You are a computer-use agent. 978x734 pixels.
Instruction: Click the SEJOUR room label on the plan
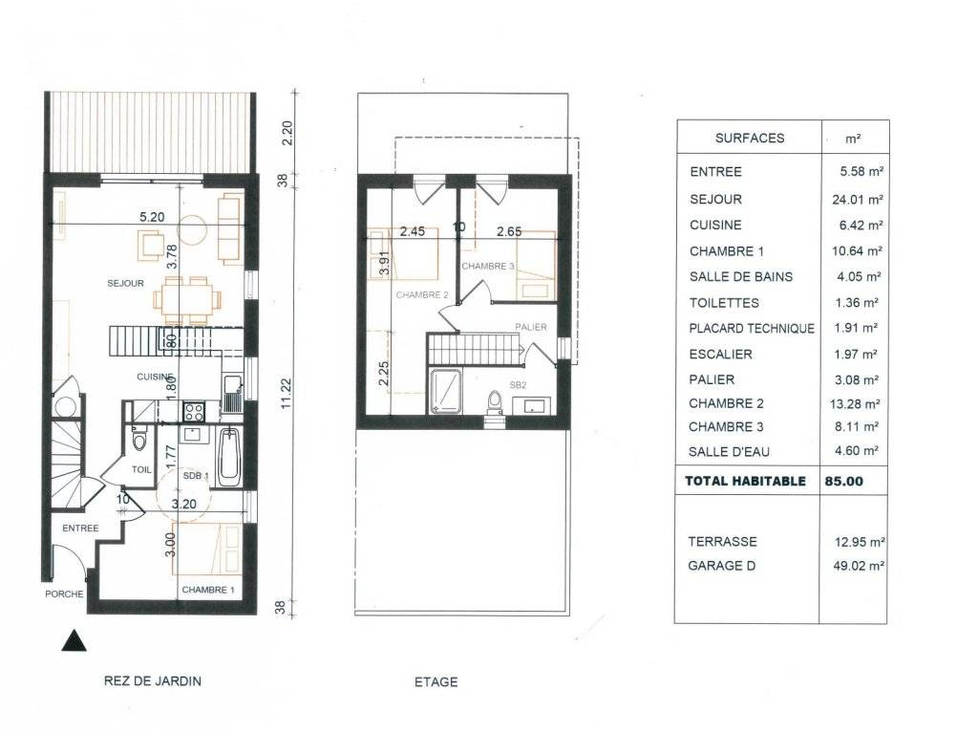click(125, 283)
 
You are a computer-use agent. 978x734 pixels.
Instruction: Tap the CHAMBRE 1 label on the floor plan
click(208, 590)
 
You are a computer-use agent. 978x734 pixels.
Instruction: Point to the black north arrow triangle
click(74, 640)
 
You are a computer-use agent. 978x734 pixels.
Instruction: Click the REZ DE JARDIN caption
click(153, 680)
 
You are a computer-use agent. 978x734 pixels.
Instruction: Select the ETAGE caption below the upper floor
click(436, 682)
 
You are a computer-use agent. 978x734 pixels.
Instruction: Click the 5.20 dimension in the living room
click(152, 217)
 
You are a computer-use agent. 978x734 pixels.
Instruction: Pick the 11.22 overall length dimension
click(287, 393)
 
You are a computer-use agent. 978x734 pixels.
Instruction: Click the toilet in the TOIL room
click(138, 439)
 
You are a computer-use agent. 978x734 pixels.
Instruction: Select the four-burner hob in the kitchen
click(193, 413)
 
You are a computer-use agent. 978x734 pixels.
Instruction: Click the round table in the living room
click(192, 229)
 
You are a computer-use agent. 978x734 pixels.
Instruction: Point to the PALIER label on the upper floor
click(531, 327)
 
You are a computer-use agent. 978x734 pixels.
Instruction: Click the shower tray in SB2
click(445, 391)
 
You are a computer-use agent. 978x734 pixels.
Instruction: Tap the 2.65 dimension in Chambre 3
click(509, 231)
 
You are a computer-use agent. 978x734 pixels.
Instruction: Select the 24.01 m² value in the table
click(858, 200)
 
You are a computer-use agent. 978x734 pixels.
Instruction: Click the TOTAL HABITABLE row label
click(745, 482)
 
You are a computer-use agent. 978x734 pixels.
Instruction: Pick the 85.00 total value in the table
click(844, 482)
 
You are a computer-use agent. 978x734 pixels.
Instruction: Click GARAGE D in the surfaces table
click(722, 566)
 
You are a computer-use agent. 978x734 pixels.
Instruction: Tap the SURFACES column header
click(750, 139)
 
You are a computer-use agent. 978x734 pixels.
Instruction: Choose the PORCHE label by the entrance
click(64, 594)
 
